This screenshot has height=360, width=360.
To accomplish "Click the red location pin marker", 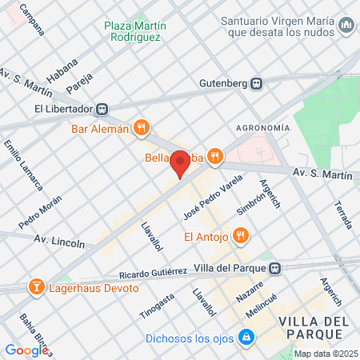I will click(180, 165).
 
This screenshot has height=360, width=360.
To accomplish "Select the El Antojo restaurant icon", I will click(242, 236).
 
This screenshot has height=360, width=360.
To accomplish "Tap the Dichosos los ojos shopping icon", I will click(247, 338).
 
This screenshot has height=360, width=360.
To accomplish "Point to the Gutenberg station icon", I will click(256, 83).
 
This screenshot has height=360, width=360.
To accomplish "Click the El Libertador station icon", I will click(102, 109).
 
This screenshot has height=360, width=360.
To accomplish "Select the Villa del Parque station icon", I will click(275, 268).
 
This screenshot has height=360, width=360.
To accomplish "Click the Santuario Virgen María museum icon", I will click(346, 26).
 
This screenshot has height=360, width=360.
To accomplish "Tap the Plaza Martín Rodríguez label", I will click(134, 31).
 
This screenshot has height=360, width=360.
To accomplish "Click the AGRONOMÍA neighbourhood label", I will click(262, 128).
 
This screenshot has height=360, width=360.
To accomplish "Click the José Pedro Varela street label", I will click(202, 197).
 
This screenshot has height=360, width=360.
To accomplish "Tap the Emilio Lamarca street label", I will click(23, 166).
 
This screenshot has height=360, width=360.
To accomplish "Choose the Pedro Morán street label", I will click(40, 211).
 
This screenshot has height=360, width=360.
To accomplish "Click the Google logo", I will click(26, 350).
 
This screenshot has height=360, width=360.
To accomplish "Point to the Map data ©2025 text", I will click(325, 354).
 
